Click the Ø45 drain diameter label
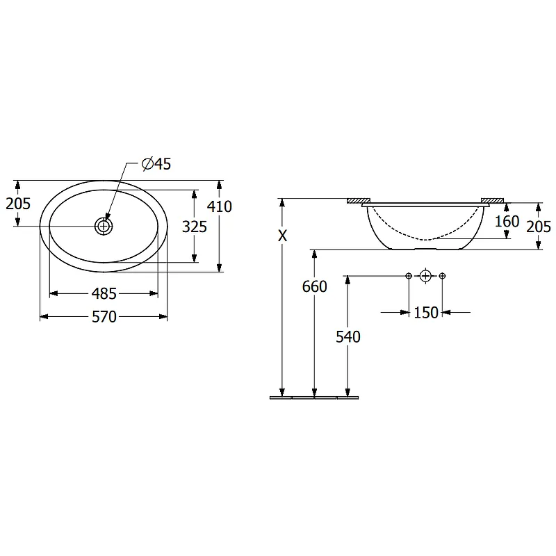click(156, 164)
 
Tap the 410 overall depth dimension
click(220, 206)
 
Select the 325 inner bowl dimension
click(195, 227)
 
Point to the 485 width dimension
click(104, 293)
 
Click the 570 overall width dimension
click(104, 317)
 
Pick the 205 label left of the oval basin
click(18, 204)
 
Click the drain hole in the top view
click(103, 226)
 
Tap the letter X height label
click(282, 236)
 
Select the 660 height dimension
click(315, 286)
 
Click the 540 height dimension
click(348, 337)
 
